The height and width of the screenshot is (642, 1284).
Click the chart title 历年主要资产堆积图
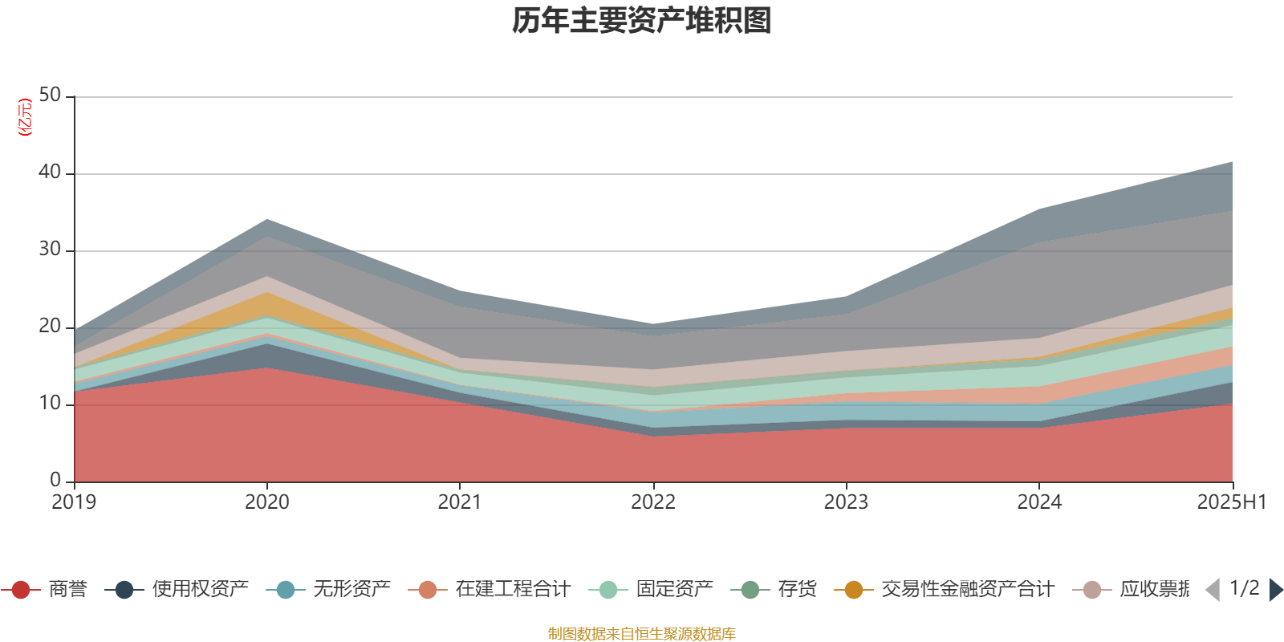pyautogui.click(x=642, y=21)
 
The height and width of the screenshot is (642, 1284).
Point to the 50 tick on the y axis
pyautogui.click(x=50, y=95)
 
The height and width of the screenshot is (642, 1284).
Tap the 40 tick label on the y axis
pyautogui.click(x=50, y=173)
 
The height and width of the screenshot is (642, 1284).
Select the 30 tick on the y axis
pyautogui.click(x=50, y=250)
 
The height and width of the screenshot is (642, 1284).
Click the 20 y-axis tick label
pyautogui.click(x=50, y=327)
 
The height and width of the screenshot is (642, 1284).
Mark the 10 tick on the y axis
pyautogui.click(x=50, y=404)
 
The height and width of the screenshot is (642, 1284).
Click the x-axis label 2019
pyautogui.click(x=74, y=502)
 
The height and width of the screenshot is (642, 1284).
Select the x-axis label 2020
pyautogui.click(x=266, y=502)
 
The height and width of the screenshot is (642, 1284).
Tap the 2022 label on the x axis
pyautogui.click(x=653, y=502)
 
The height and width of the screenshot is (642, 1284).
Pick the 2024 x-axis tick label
pyautogui.click(x=1039, y=502)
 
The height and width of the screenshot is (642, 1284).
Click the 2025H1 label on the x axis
pyautogui.click(x=1231, y=502)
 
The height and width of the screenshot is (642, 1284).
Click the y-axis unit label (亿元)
pyautogui.click(x=25, y=117)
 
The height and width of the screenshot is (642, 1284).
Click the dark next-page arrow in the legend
pyautogui.click(x=1275, y=590)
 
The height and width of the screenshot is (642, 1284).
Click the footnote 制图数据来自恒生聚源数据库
pyautogui.click(x=642, y=634)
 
